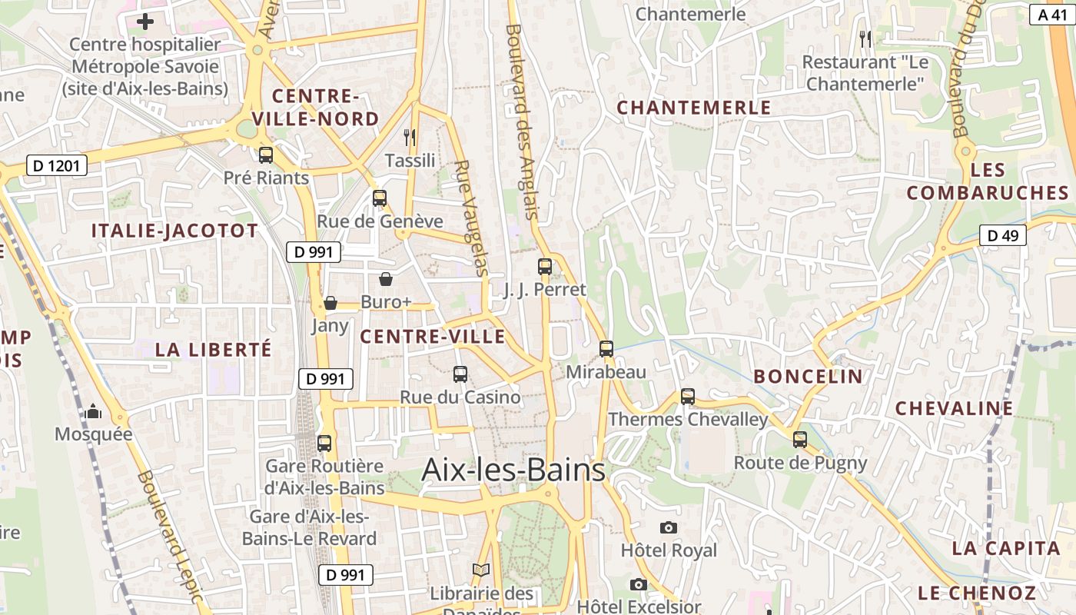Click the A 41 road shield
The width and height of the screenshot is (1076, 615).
(x=1053, y=14)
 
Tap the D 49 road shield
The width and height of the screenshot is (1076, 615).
(x=1003, y=235)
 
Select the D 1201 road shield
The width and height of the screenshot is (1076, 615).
(x=57, y=165)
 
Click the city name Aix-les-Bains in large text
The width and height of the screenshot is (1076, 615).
(x=513, y=470)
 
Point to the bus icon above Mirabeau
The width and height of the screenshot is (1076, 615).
(x=606, y=349)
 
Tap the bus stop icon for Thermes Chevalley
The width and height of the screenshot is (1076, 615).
(x=688, y=397)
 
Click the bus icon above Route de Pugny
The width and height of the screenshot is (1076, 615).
(x=800, y=440)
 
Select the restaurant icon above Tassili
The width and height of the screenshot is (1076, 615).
(x=410, y=138)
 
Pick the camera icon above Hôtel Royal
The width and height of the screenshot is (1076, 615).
(x=669, y=527)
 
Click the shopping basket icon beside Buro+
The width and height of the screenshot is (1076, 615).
(x=386, y=279)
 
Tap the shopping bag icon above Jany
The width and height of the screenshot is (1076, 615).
(x=330, y=303)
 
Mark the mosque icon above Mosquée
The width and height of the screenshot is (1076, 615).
(x=93, y=411)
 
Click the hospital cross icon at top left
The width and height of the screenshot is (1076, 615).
(x=144, y=22)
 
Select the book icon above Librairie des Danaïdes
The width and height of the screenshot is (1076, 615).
(x=481, y=570)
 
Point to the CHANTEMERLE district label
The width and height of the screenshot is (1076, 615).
(x=693, y=108)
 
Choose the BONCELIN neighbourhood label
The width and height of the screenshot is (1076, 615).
(x=808, y=376)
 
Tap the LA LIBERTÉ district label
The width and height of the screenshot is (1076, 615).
(x=213, y=349)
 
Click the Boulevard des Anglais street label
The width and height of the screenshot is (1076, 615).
(x=520, y=123)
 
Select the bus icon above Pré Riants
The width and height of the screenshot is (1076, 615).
(x=266, y=155)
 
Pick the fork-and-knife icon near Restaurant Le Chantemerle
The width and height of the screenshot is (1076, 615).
(x=866, y=38)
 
